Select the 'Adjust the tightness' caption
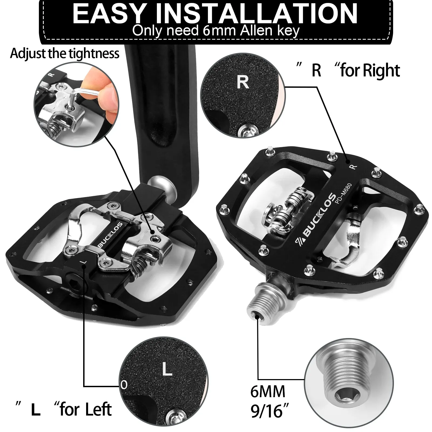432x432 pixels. [x=65, y=53]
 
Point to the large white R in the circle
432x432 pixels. [x=242, y=82]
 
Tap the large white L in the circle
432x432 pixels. [x=167, y=369]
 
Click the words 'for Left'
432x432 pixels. [x=85, y=409]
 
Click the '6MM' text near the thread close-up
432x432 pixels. [x=268, y=391]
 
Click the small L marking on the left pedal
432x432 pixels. [x=83, y=262]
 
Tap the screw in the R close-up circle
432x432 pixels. [x=245, y=129]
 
